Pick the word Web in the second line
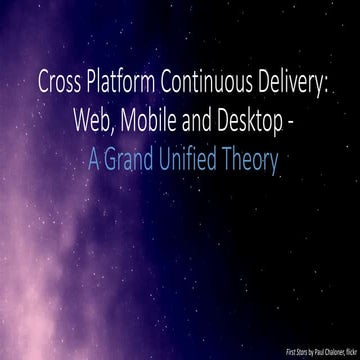click(91, 121)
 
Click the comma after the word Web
click(110, 128)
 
